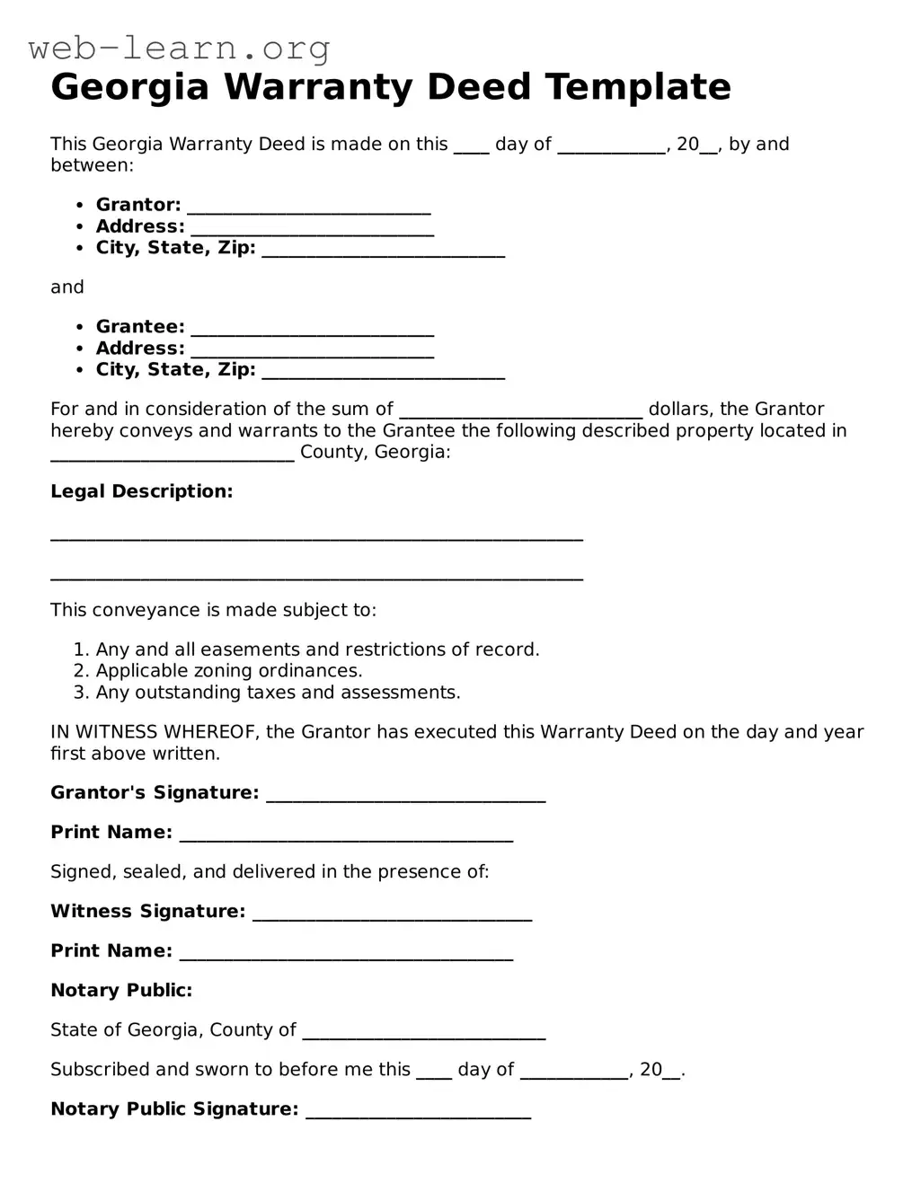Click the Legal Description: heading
tap(141, 491)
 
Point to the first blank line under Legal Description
tap(316, 537)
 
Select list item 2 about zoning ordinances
tap(228, 671)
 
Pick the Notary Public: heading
tap(121, 991)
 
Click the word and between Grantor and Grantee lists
tap(67, 287)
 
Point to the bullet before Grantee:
tap(79, 328)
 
